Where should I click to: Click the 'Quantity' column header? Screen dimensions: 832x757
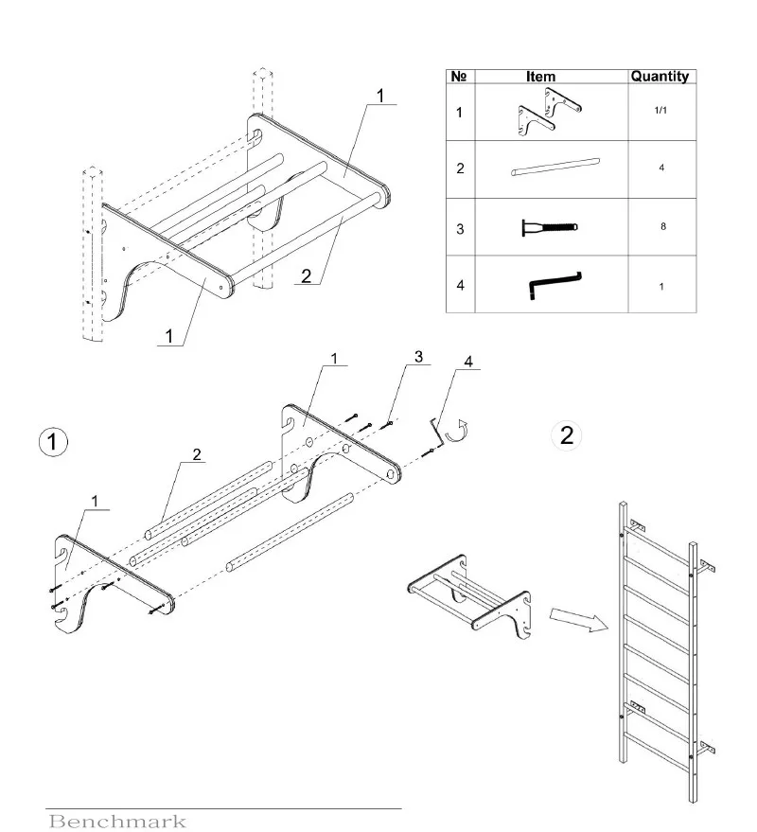click(660, 77)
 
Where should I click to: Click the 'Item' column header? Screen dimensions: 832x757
click(540, 77)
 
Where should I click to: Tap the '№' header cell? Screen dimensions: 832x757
click(459, 77)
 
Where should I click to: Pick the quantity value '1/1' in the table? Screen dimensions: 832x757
click(661, 112)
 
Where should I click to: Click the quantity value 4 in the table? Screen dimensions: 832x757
click(661, 168)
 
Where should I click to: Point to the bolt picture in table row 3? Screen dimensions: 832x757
click(549, 227)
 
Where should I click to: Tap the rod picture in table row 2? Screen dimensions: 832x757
click(555, 168)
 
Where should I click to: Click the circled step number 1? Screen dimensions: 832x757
click(52, 441)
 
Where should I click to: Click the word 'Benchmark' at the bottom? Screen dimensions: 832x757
click(117, 821)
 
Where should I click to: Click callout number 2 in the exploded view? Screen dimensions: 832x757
click(196, 453)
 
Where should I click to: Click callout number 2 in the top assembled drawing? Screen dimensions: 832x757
click(306, 276)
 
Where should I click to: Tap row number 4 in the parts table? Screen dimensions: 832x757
click(459, 284)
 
